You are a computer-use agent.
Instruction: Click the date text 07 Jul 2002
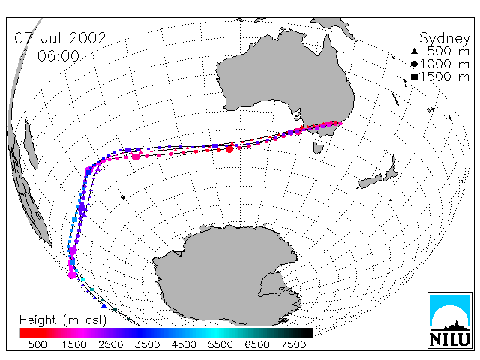click(60, 38)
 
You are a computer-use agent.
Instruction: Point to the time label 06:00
click(58, 56)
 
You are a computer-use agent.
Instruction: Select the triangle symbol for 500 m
click(414, 51)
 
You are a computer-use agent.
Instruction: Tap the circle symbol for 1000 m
click(414, 64)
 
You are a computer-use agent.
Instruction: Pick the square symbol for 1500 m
click(415, 76)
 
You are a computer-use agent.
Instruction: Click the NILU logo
click(450, 320)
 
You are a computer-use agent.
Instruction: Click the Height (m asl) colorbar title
click(63, 320)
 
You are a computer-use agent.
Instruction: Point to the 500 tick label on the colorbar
click(37, 345)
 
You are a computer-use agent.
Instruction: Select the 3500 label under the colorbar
click(147, 345)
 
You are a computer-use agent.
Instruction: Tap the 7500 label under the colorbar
click(293, 345)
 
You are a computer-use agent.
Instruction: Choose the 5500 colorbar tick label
click(220, 345)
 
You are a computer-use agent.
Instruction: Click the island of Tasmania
click(318, 148)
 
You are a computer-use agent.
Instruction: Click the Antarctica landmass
click(226, 275)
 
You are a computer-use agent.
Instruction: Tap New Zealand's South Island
click(370, 181)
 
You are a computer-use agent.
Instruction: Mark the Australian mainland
click(285, 79)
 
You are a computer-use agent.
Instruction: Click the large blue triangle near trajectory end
click(103, 305)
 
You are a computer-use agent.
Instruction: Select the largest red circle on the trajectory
click(229, 149)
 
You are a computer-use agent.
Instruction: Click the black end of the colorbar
click(306, 333)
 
